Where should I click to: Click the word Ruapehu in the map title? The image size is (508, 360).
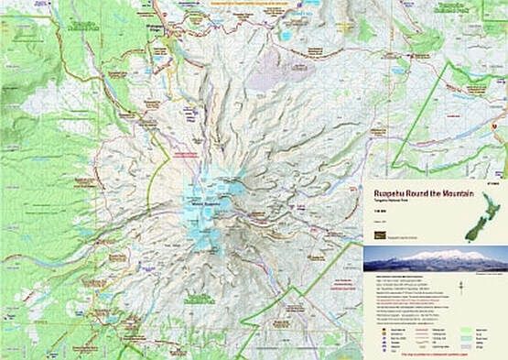(389, 193)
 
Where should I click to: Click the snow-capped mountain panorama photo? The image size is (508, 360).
(435, 259)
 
